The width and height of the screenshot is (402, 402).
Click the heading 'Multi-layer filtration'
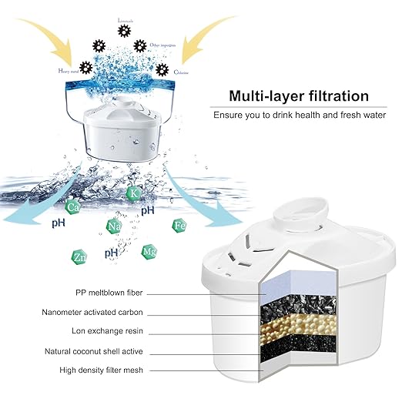[x=298, y=97]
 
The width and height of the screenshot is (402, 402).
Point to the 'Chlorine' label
[x=182, y=72]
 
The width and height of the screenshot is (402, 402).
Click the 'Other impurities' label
[x=166, y=45]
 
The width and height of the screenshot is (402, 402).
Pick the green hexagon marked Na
[x=113, y=226]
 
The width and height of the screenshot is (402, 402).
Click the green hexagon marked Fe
[x=179, y=225]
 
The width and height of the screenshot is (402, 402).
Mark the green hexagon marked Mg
[x=149, y=251]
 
